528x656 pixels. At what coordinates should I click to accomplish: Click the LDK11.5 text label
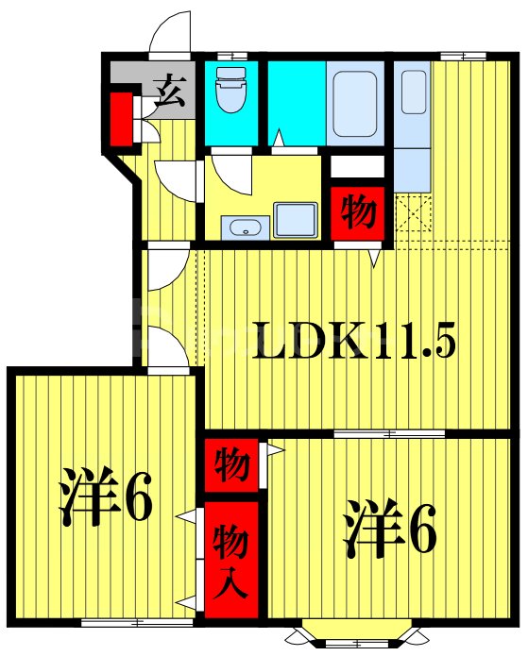point(353,341)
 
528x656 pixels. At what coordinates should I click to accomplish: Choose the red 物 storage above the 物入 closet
point(230,464)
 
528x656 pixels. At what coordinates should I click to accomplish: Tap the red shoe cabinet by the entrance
point(121,118)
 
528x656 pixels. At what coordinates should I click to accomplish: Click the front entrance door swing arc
point(167,33)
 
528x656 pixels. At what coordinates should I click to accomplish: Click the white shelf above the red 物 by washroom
point(356,167)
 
